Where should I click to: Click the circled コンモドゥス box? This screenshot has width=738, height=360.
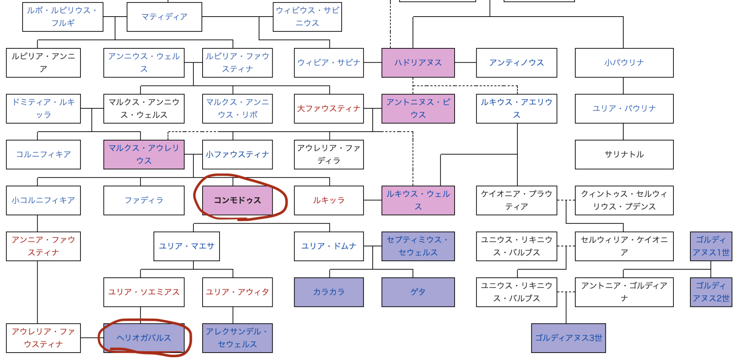click(237, 200)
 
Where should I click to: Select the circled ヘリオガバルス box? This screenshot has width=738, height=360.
click(144, 338)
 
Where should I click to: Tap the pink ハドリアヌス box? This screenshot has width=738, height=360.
click(418, 63)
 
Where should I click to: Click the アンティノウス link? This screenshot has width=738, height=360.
click(516, 63)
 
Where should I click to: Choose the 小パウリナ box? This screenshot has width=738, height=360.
click(624, 63)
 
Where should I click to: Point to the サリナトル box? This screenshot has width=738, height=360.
click(624, 154)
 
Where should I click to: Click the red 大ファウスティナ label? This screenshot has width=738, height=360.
click(328, 108)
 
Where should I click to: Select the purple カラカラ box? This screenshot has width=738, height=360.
click(328, 292)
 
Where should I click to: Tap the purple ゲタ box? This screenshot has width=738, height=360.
click(418, 292)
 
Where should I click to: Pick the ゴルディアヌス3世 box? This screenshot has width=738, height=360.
click(568, 338)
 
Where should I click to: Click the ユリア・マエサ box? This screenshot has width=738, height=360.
click(186, 246)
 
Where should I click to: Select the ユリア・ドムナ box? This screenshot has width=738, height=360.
click(328, 246)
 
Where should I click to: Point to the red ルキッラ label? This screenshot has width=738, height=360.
click(328, 200)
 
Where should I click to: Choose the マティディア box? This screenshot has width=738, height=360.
click(164, 17)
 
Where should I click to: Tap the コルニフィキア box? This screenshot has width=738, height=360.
click(43, 154)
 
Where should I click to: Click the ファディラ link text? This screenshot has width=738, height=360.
click(144, 200)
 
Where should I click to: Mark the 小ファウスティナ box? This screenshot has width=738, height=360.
click(237, 154)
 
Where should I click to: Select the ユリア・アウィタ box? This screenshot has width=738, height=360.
click(237, 292)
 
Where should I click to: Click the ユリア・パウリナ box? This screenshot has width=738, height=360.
click(624, 108)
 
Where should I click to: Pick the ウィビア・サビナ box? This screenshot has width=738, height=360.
click(328, 63)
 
